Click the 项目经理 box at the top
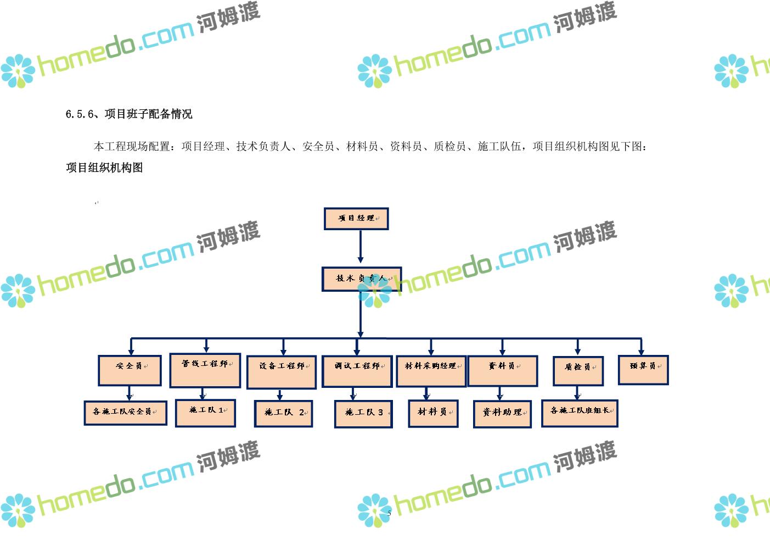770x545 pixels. pyautogui.click(x=356, y=219)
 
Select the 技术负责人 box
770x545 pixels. pyautogui.click(x=361, y=279)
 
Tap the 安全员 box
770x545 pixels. pyautogui.click(x=130, y=370)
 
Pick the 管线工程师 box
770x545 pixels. pyautogui.click(x=205, y=370)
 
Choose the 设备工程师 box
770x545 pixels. pyautogui.click(x=282, y=372)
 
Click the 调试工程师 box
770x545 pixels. pyautogui.click(x=357, y=371)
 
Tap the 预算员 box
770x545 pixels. pyautogui.click(x=643, y=370)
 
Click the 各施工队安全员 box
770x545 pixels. pyautogui.click(x=125, y=413)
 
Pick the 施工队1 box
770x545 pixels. pyautogui.click(x=205, y=413)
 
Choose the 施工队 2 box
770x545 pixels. pyautogui.click(x=283, y=413)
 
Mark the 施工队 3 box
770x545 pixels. pyautogui.click(x=363, y=414)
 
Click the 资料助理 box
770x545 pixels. pyautogui.click(x=502, y=414)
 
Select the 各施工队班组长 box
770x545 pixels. pyautogui.click(x=580, y=413)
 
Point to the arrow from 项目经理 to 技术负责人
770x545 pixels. pyautogui.click(x=360, y=248)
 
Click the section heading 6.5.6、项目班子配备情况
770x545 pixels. pyautogui.click(x=129, y=114)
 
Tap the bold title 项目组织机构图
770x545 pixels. pyautogui.click(x=104, y=168)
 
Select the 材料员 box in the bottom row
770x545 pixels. pyautogui.click(x=433, y=413)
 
